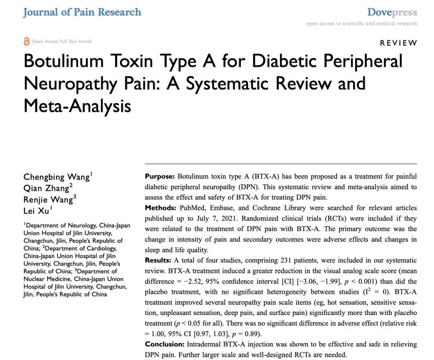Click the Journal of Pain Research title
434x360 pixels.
[x=82, y=12]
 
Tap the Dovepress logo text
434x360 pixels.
[x=392, y=12]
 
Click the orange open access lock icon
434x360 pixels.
[x=27, y=41]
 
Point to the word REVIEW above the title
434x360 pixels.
[x=398, y=43]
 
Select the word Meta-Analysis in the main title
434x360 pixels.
[x=77, y=106]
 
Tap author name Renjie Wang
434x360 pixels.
[x=48, y=198]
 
